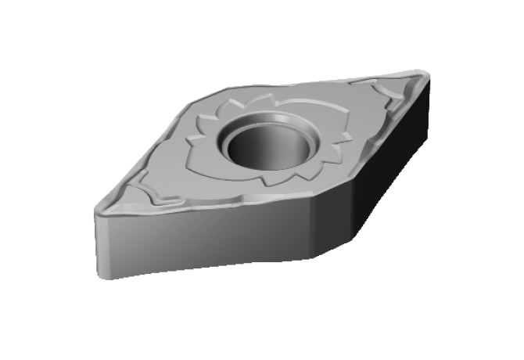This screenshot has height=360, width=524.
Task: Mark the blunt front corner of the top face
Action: pyautogui.click(x=313, y=196)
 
